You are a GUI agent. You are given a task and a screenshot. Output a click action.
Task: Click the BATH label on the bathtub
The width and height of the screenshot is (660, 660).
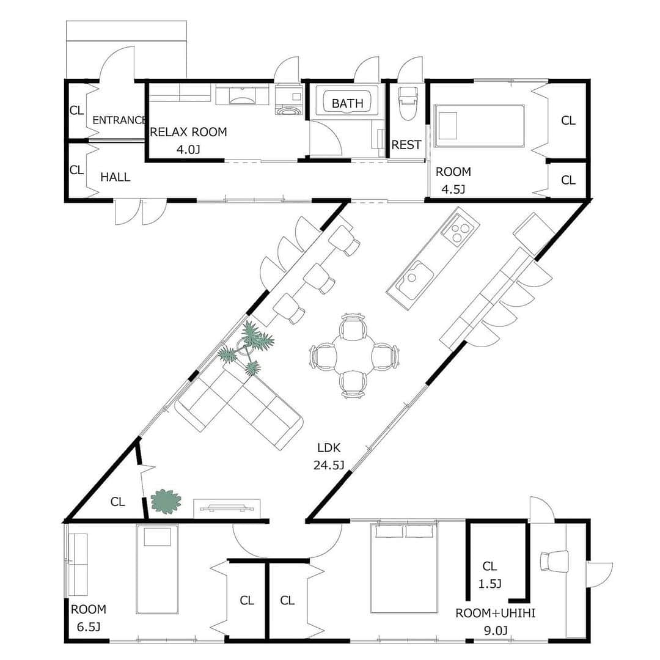coord(347,103)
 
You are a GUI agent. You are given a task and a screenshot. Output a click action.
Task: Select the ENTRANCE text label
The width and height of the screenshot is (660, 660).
coord(119,120)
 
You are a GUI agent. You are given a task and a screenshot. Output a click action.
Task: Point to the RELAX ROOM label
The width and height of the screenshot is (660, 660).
coord(189,132)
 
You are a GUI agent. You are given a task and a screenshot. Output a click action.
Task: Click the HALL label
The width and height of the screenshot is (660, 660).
coord(116,177)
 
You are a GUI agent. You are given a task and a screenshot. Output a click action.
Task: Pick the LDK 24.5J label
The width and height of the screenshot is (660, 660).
coord(329,457)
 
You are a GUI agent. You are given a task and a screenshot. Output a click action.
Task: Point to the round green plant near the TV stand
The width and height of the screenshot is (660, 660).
coord(166,501)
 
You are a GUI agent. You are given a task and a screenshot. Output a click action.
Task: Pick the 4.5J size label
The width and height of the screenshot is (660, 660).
coord(453,189)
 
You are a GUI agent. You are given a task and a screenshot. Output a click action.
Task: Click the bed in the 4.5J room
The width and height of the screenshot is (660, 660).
coord(479,126)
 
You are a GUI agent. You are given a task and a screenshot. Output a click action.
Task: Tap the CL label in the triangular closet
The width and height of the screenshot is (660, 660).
coord(118,502)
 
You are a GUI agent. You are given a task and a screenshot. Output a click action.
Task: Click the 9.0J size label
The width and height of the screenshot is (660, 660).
coord(496,631)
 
